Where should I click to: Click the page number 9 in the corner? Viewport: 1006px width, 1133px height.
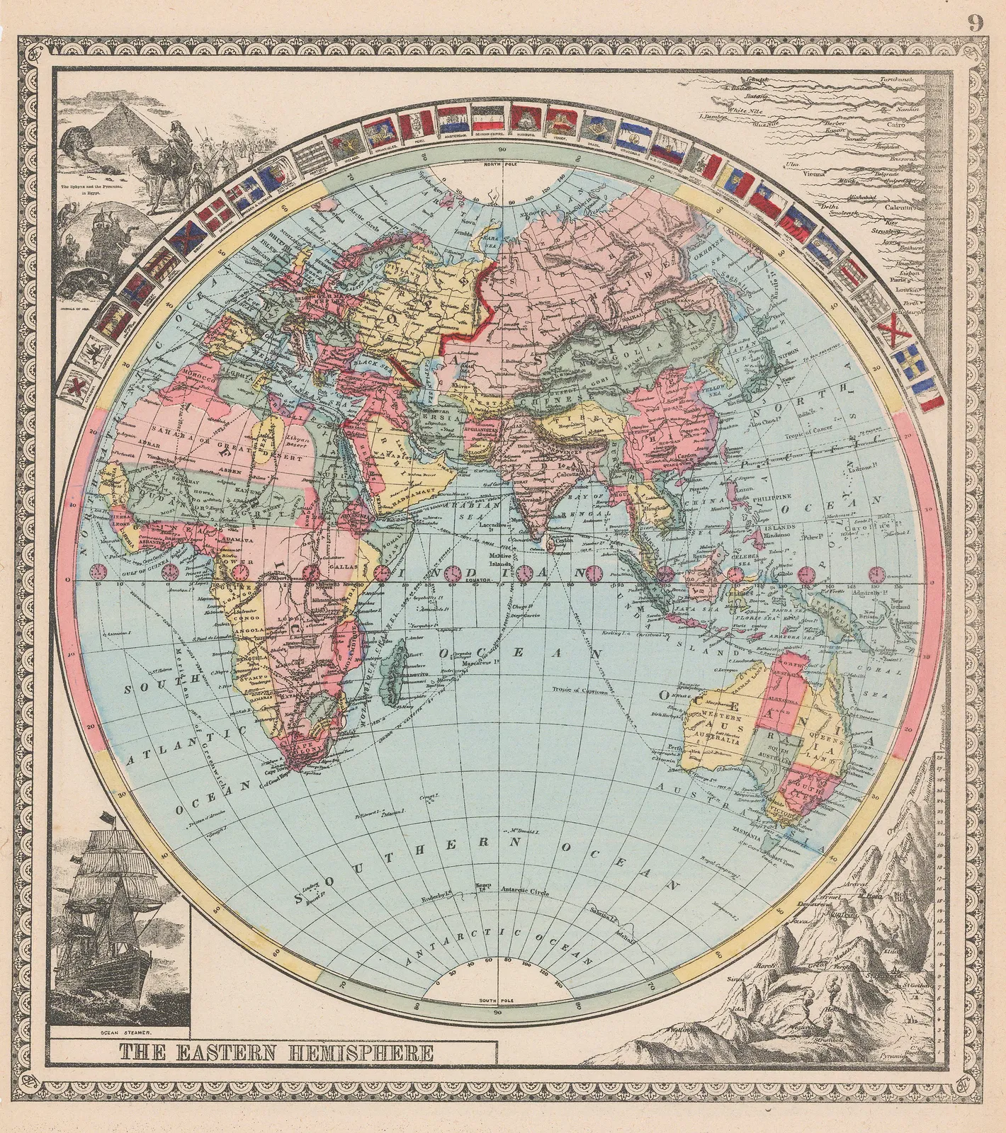pos(976,23)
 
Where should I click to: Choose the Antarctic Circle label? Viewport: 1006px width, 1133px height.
pos(525,889)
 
